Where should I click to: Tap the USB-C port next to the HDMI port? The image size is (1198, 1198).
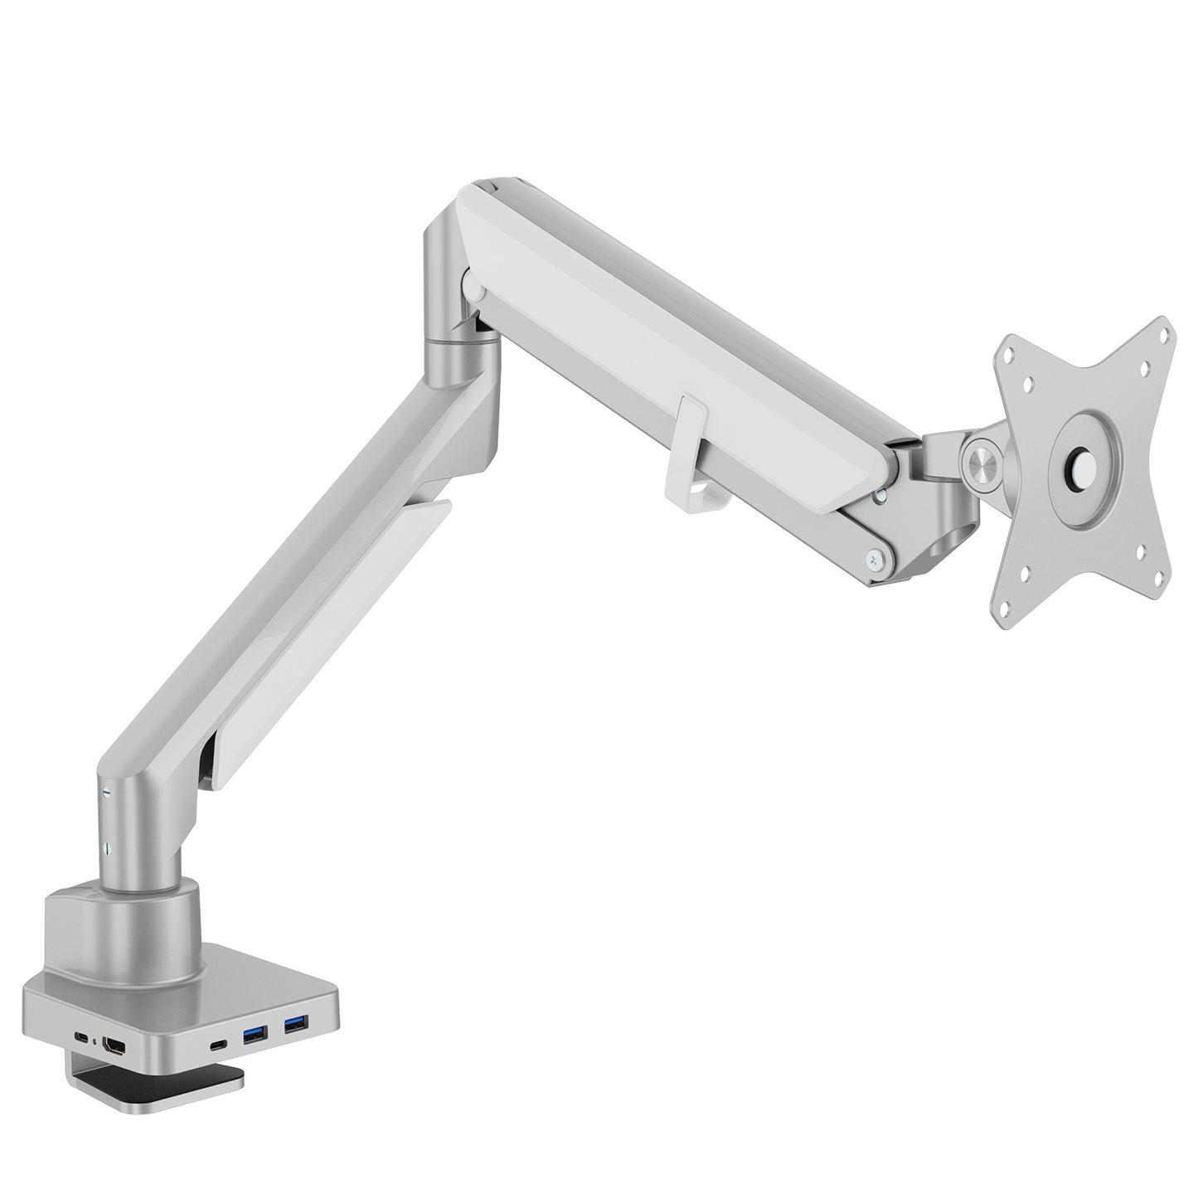click(82, 1038)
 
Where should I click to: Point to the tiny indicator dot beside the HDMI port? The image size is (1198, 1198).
click(97, 1041)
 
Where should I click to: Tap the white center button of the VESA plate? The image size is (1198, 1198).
click(1084, 463)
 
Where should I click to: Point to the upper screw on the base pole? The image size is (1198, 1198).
click(106, 791)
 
